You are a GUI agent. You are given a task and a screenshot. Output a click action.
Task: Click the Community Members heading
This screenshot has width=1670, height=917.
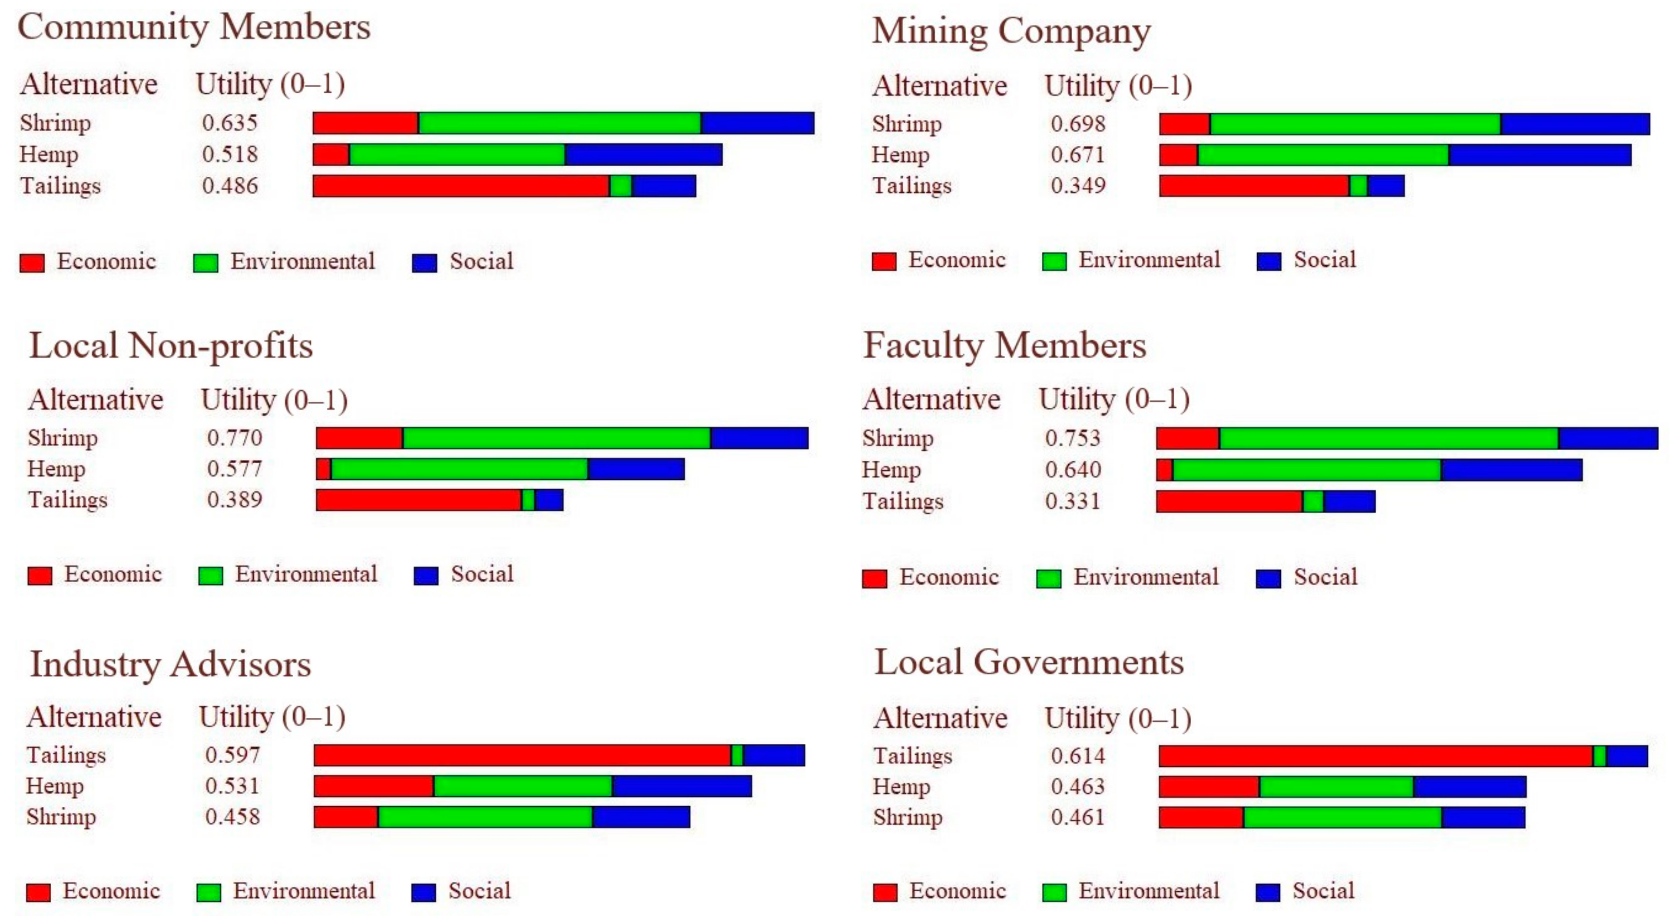[x=193, y=27]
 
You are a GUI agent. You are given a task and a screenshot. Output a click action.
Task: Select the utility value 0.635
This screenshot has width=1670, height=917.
[x=229, y=122]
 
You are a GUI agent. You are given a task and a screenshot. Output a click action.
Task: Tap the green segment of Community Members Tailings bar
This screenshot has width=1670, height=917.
[x=620, y=186]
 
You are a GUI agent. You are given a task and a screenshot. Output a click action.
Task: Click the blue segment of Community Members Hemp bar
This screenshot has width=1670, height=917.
[x=643, y=154]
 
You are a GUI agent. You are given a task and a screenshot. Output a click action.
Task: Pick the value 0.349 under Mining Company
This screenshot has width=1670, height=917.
[x=1077, y=185]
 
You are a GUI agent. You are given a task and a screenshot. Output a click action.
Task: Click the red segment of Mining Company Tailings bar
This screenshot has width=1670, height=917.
[x=1254, y=186]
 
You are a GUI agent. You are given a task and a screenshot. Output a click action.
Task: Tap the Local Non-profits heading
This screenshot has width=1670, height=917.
[x=171, y=346]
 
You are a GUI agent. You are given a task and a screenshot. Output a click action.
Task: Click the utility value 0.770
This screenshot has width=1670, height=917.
[x=234, y=437]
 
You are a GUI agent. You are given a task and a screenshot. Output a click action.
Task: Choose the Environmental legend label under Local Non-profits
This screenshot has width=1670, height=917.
[x=305, y=574]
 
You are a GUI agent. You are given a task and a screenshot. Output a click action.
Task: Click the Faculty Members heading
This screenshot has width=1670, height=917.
[x=1004, y=346]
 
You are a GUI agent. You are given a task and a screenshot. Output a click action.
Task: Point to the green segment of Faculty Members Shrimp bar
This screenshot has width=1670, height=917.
[x=1388, y=439]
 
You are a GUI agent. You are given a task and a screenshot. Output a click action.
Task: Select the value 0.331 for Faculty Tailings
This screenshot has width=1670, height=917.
[x=1072, y=501]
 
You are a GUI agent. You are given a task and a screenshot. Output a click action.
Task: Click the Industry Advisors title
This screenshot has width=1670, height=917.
[x=170, y=664]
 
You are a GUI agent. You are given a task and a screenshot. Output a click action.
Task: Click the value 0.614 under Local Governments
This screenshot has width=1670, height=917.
[x=1077, y=755]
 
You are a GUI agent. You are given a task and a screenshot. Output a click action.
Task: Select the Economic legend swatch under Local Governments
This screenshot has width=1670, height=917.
[x=885, y=892]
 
